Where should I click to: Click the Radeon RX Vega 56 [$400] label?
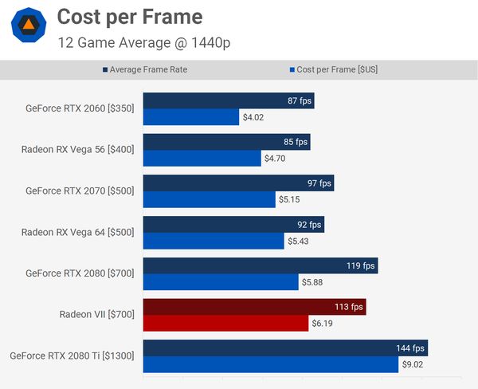(78, 149)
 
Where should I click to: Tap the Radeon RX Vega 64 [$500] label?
(78, 232)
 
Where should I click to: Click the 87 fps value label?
(299, 101)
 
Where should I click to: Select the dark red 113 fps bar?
(254, 306)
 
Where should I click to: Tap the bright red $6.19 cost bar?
(225, 323)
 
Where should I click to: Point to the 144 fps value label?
(410, 348)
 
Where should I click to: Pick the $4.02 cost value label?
(253, 118)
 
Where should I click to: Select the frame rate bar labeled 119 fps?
(260, 265)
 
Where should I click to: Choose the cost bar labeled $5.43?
(214, 241)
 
